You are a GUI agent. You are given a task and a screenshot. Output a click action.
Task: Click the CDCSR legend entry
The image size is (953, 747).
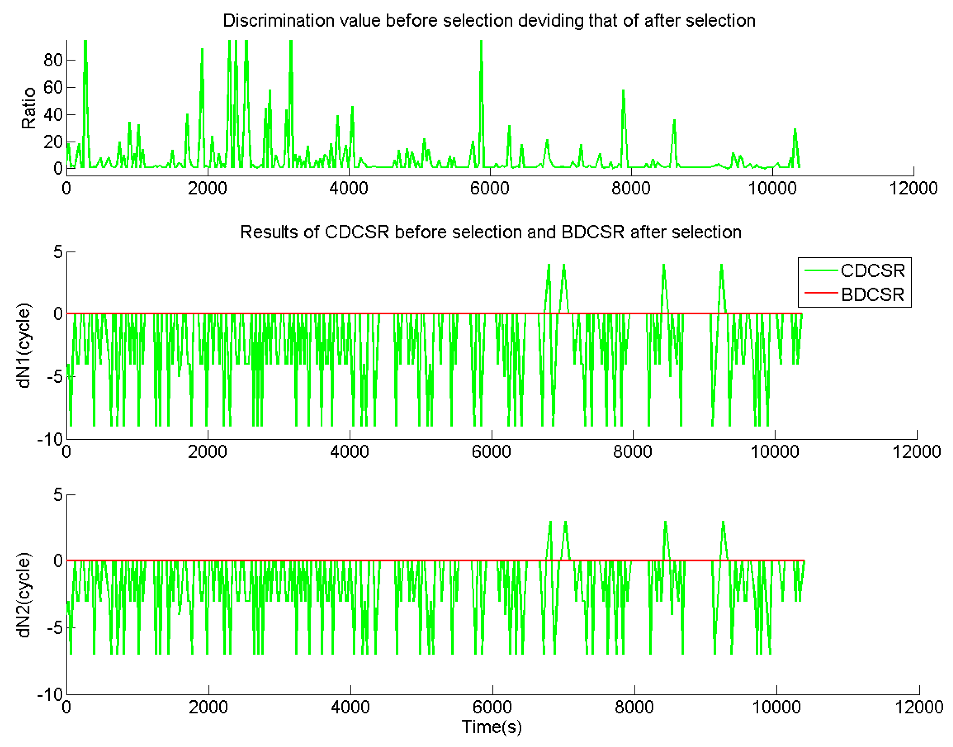[x=872, y=271]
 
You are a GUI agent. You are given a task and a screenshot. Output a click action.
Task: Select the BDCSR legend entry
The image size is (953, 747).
[x=872, y=295]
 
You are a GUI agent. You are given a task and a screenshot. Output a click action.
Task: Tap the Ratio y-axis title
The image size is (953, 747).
[x=29, y=108]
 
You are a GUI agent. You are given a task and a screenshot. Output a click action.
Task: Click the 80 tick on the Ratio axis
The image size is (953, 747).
[x=53, y=60]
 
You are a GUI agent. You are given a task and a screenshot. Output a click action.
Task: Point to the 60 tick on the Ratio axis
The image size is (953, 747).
[x=53, y=88]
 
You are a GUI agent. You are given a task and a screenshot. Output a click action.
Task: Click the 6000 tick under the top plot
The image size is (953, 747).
[x=490, y=188]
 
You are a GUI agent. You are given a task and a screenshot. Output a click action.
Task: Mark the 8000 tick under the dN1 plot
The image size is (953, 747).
[x=632, y=452]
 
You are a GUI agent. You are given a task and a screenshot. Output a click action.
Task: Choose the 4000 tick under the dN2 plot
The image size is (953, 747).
[x=350, y=707]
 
